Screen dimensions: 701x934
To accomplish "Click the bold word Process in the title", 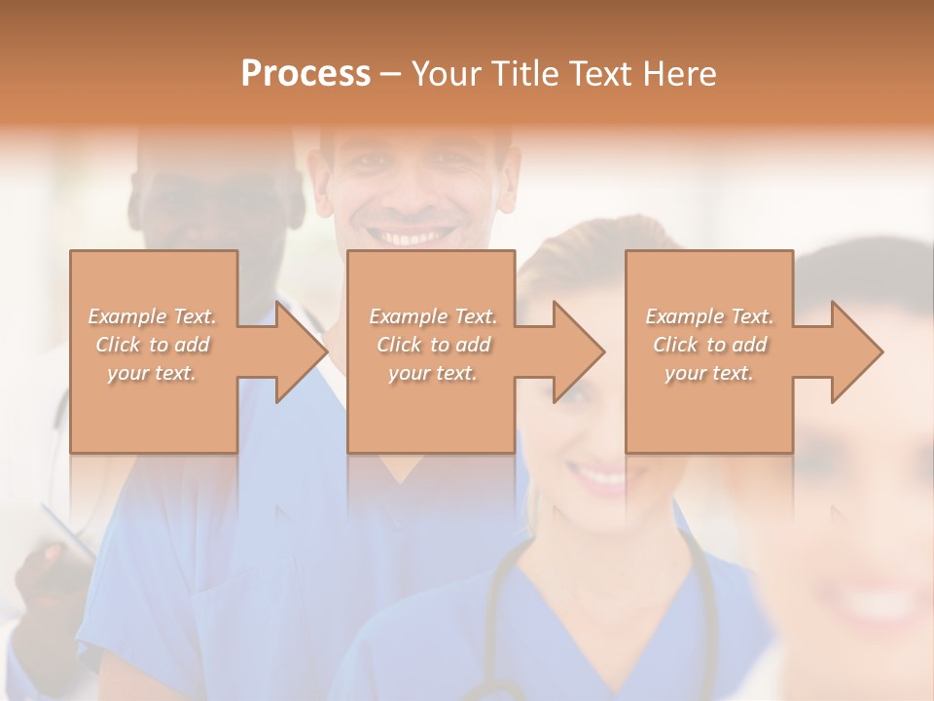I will (x=305, y=74).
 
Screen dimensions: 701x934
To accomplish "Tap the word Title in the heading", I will (x=525, y=74).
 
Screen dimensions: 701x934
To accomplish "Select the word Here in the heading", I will (x=678, y=74).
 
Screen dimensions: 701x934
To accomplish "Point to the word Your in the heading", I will (x=447, y=74).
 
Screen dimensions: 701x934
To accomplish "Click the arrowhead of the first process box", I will (x=302, y=351).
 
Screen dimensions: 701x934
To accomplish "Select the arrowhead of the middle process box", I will (x=579, y=351).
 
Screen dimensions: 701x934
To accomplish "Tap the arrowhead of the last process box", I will (x=857, y=351).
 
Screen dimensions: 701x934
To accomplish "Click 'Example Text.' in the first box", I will (x=153, y=316).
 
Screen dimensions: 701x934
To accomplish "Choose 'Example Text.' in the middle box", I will (x=433, y=316).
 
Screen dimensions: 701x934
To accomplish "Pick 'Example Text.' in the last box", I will (x=709, y=316).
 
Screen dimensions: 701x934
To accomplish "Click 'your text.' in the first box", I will (x=152, y=373).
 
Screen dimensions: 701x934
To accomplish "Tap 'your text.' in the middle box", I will (x=433, y=373).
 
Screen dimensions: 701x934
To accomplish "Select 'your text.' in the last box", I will (x=709, y=373).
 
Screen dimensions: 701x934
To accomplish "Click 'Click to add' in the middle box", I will (x=433, y=345).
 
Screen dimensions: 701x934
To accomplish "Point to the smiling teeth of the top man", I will (x=417, y=237).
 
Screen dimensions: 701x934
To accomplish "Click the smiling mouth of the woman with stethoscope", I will (x=597, y=476).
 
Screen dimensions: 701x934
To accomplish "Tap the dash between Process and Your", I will (x=391, y=74).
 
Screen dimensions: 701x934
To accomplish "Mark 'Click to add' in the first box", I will (x=153, y=345).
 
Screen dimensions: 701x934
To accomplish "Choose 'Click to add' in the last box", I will (x=710, y=345).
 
